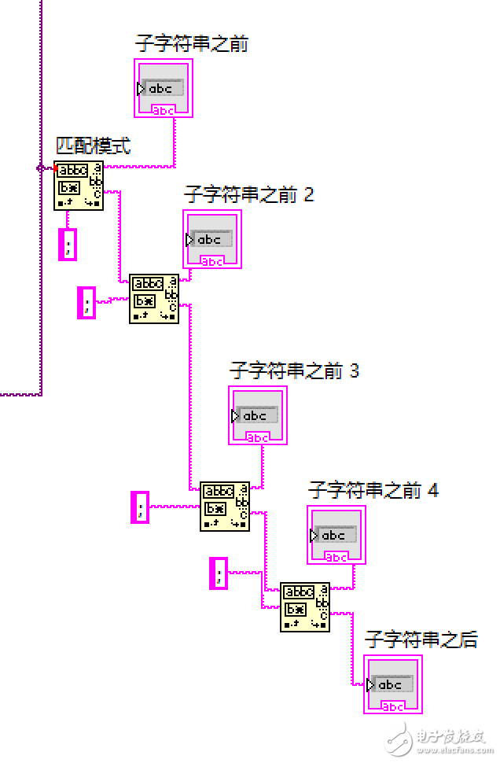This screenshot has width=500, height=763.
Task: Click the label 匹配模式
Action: point(93,146)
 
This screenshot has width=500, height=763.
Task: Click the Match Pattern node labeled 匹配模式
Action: point(79,186)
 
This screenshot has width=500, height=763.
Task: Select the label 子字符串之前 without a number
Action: point(192,44)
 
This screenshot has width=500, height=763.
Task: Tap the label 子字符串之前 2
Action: point(248,194)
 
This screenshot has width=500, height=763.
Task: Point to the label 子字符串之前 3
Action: point(294,370)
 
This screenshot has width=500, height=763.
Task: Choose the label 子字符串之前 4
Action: point(373,491)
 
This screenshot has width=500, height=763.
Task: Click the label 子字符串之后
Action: point(421,640)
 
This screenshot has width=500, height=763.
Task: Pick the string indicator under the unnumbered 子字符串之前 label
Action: point(164,88)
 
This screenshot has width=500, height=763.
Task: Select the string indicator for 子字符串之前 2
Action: point(212,238)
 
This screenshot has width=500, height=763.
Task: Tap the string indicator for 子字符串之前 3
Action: point(258,415)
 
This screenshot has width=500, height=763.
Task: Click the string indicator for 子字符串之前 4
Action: point(336,535)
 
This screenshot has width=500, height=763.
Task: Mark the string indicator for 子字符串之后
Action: point(393,684)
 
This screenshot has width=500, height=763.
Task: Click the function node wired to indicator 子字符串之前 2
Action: point(154,298)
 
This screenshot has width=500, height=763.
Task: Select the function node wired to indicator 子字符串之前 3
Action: point(225,506)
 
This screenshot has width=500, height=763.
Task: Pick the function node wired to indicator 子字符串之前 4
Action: point(305,606)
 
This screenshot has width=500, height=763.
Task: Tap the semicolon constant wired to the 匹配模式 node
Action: point(68,245)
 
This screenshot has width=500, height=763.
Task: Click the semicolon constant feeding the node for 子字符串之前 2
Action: point(86,302)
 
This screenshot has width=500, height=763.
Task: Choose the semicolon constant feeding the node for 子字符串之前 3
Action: point(140,507)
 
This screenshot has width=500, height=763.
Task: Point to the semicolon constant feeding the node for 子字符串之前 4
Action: point(219,572)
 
